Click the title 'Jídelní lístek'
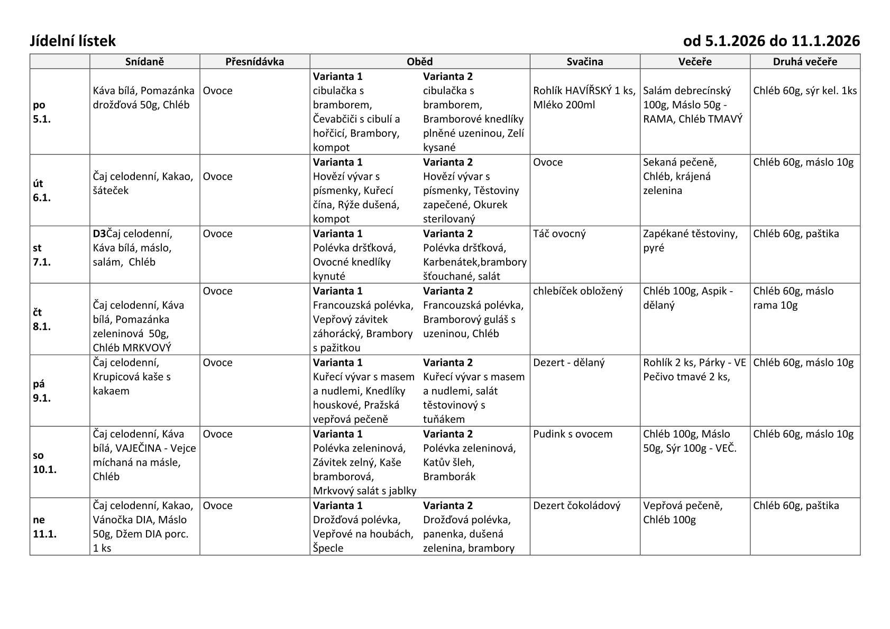(x=72, y=41)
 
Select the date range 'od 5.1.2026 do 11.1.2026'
(x=771, y=41)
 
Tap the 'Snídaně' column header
(x=144, y=62)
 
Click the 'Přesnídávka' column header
(x=254, y=62)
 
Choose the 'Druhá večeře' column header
(x=804, y=62)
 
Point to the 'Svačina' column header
(x=584, y=62)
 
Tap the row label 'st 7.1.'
(x=42, y=255)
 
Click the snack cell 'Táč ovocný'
(x=559, y=234)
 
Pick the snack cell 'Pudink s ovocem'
(x=573, y=434)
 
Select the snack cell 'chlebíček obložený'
(x=578, y=291)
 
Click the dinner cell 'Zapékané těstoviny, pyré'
(x=690, y=240)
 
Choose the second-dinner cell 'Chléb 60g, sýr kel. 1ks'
(x=804, y=90)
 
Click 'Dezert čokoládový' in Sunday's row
(x=576, y=505)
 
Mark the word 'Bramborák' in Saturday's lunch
(x=449, y=477)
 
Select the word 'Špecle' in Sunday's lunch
(x=328, y=548)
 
